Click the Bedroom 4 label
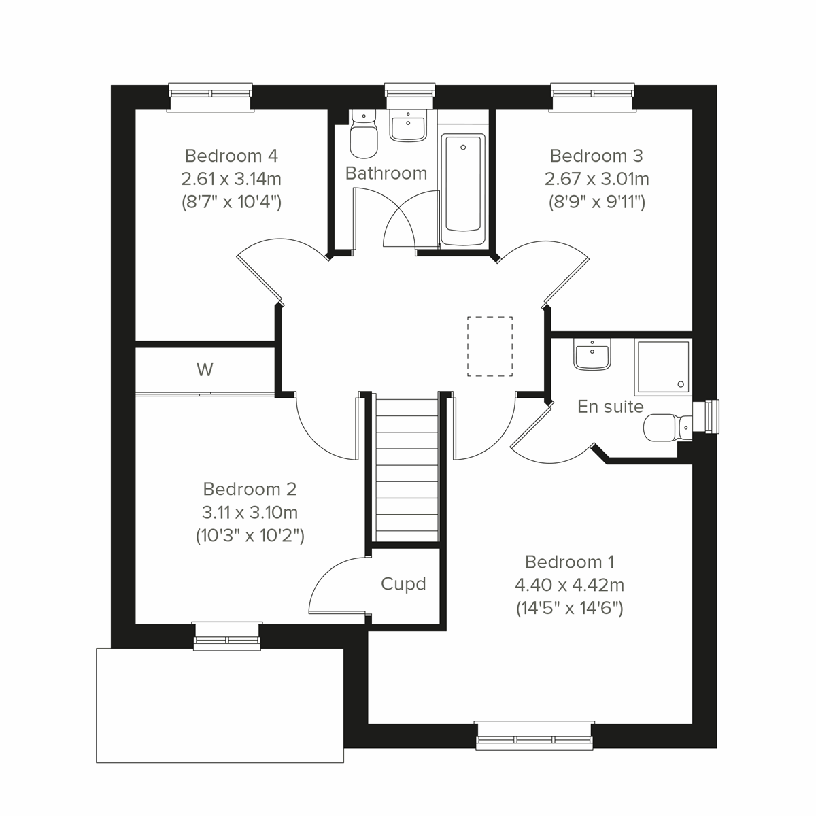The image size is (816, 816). pos(231,156)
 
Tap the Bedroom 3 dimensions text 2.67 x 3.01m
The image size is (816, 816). pos(596,179)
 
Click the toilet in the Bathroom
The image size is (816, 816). pos(362,135)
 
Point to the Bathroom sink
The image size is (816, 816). pos(407,126)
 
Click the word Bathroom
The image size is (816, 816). pos(386,173)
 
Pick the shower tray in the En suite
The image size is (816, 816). pos(662,368)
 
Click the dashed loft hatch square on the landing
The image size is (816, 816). pos(490,346)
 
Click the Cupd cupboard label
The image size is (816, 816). pos(403,584)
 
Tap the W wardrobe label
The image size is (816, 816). pos(205,370)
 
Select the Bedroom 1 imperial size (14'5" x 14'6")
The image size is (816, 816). pos(569,608)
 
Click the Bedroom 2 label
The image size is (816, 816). pos(250,489)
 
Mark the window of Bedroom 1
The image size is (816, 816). pos(534,735)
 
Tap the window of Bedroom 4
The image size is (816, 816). pos(210,97)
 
